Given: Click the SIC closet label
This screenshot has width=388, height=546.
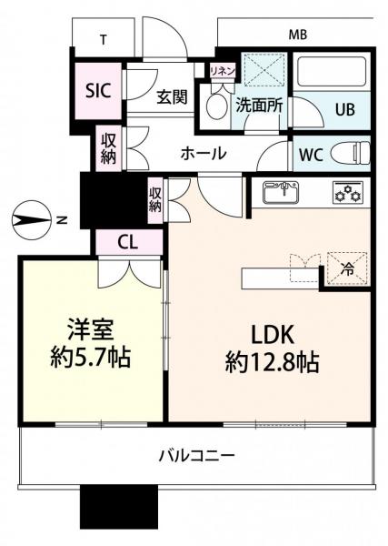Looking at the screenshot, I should (98, 90).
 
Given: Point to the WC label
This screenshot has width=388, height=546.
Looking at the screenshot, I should (310, 154).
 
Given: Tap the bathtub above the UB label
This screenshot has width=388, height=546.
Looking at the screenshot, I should (333, 74).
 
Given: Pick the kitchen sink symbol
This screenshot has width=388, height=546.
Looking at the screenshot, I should (282, 193).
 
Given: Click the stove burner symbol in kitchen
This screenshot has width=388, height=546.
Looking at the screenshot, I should (345, 193).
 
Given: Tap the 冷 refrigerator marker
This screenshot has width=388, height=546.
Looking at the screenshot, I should (346, 270).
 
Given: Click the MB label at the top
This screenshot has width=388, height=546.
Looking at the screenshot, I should (297, 35).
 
